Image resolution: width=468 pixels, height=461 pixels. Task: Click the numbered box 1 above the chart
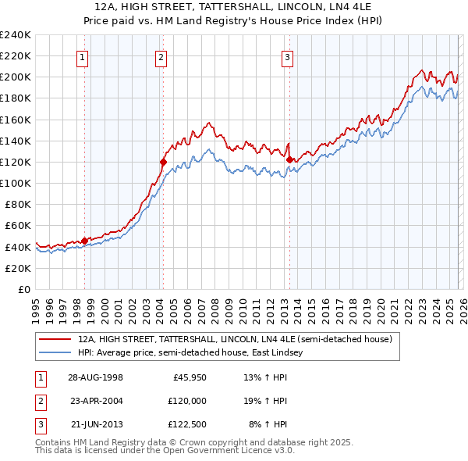pos(83,56)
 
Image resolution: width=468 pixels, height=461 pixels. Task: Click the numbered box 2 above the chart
pos(161,56)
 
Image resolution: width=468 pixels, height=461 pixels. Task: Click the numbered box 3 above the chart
pos(287,56)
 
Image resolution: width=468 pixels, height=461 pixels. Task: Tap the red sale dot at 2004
pos(164,163)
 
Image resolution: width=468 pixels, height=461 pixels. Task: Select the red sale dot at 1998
pos(85,241)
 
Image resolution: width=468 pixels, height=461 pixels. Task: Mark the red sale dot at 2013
pos(290,159)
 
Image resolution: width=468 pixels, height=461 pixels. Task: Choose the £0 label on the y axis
pos(24,289)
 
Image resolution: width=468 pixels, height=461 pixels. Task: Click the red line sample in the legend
pos(55,340)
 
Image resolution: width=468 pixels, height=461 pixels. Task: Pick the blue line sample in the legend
pos(55,352)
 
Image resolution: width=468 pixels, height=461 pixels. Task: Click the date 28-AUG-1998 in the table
pos(96,377)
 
